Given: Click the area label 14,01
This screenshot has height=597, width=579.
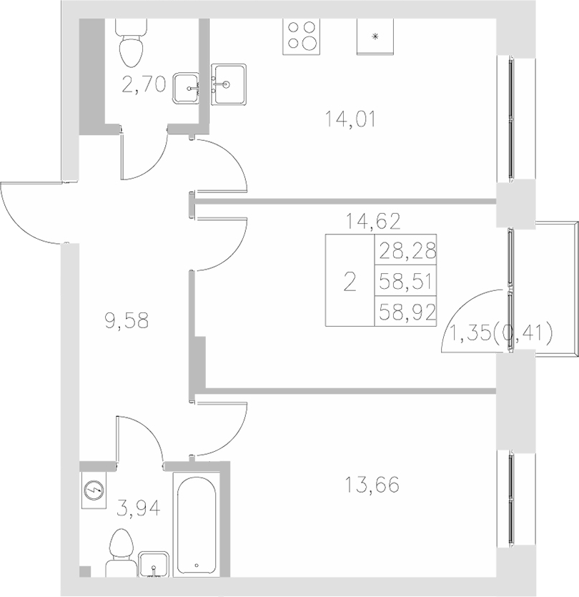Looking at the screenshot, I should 350,119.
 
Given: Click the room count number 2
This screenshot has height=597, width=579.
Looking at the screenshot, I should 350,282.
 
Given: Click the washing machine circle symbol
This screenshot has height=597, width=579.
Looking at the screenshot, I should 93,490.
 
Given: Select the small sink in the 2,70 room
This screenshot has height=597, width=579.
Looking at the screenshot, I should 187,87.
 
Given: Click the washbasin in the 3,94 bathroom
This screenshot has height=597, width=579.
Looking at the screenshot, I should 154,563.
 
